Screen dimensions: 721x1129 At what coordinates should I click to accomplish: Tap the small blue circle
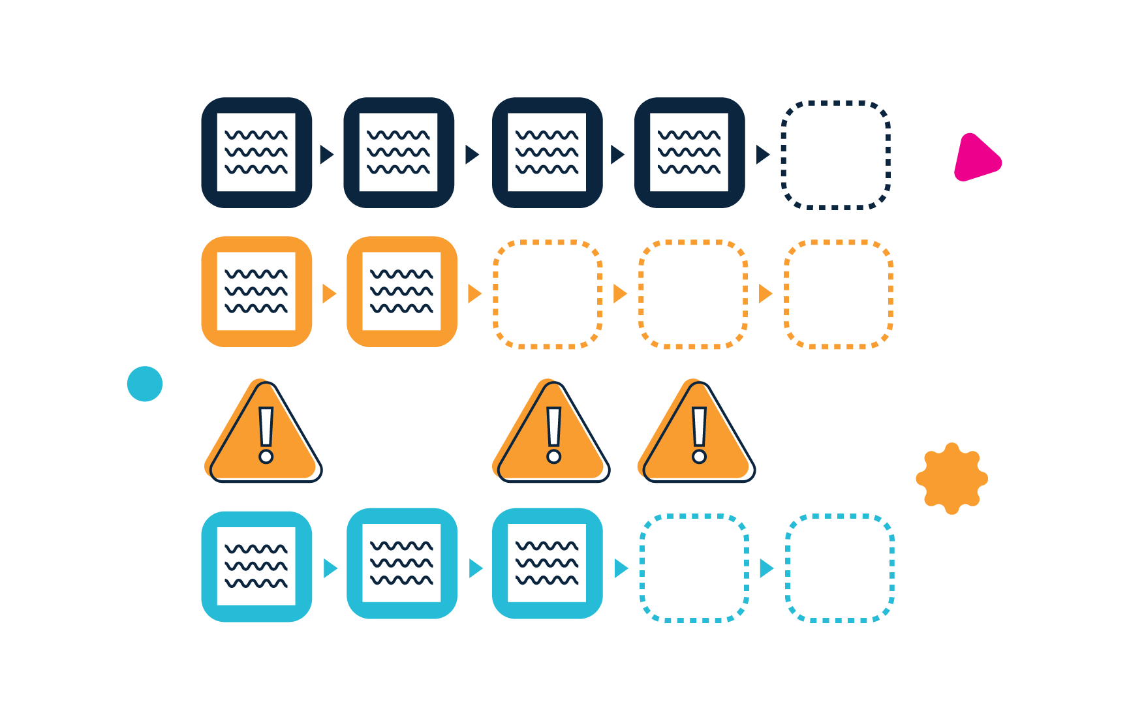click(x=145, y=384)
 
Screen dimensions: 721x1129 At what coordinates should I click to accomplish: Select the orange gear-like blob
click(x=951, y=478)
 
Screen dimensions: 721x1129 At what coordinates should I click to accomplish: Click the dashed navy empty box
click(x=836, y=155)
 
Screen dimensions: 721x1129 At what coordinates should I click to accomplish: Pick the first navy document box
click(x=256, y=153)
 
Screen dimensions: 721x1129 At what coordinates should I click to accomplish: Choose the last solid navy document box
click(x=689, y=153)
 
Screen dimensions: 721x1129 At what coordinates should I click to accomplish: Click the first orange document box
click(x=256, y=292)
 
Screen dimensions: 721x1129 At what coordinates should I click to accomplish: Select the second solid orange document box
click(x=401, y=292)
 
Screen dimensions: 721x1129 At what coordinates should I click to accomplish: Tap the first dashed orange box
click(x=547, y=294)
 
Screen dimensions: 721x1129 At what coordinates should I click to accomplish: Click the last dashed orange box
click(x=838, y=294)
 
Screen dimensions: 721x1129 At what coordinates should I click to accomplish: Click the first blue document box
click(x=256, y=566)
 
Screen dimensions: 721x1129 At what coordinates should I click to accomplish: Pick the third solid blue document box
click(x=547, y=564)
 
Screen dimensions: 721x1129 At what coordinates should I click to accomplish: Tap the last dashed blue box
click(x=839, y=568)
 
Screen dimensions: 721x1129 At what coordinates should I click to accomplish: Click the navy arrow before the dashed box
click(x=762, y=155)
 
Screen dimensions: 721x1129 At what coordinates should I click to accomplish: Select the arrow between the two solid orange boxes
click(x=329, y=294)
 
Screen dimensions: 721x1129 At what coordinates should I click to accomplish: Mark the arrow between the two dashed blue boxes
click(x=766, y=568)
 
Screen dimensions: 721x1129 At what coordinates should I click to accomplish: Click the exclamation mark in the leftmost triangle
click(x=266, y=435)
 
